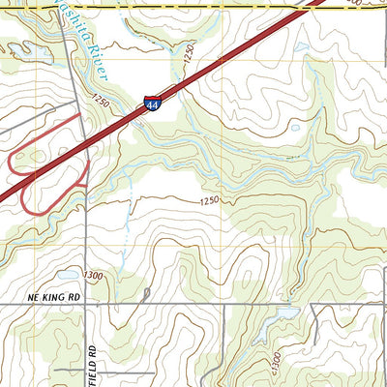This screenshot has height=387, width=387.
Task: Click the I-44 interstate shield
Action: point(153,103)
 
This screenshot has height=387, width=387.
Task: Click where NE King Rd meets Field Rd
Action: point(85,305)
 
